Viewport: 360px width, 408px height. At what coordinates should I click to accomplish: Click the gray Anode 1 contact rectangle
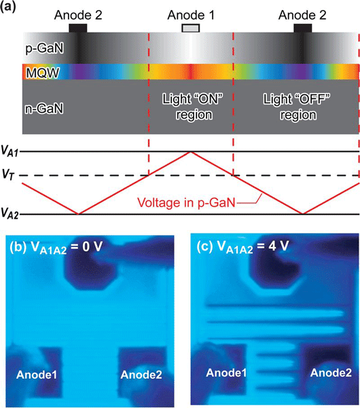[x=191, y=28]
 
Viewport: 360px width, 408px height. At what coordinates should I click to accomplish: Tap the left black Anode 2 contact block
[x=78, y=28]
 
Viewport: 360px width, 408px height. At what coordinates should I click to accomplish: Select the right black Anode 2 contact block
[x=303, y=28]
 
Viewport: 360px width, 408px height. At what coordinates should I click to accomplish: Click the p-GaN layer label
[x=45, y=49]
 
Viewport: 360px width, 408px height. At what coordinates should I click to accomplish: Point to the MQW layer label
[x=43, y=73]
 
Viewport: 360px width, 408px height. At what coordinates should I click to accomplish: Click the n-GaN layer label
[x=44, y=108]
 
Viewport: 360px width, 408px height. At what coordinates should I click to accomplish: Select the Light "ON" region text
[x=193, y=107]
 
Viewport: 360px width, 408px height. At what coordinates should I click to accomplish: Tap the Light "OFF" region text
[x=297, y=107]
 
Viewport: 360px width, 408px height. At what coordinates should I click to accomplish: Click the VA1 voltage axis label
[x=10, y=151]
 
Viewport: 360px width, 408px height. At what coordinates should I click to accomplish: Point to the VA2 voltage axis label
[x=10, y=213]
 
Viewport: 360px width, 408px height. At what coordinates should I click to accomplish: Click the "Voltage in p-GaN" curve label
[x=186, y=202]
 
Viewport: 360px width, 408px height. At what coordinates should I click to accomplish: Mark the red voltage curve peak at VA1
[x=191, y=152]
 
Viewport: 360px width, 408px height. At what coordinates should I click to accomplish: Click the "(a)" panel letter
[x=8, y=6]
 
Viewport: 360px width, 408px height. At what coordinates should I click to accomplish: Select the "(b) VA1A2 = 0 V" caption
[x=56, y=247]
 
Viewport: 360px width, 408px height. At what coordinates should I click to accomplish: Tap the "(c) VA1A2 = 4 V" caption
[x=243, y=246]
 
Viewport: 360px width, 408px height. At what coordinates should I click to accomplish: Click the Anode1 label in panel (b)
[x=37, y=375]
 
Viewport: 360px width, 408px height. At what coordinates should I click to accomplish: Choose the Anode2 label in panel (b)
[x=141, y=375]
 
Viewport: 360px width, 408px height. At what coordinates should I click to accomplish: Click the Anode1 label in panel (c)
[x=226, y=373]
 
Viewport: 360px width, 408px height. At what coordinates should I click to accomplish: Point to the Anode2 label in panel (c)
[x=331, y=373]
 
